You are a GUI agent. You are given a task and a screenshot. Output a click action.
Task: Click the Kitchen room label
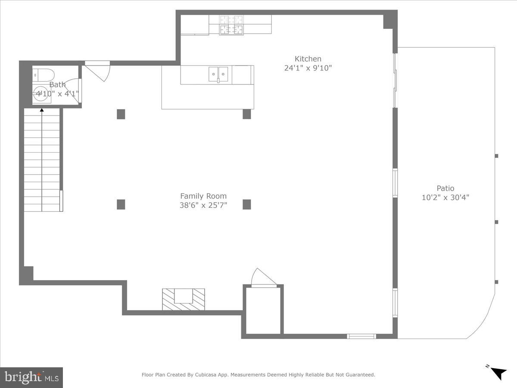(308, 59)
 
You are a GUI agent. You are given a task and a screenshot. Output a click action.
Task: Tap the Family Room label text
(203, 196)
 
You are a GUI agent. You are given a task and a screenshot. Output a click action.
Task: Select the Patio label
(445, 188)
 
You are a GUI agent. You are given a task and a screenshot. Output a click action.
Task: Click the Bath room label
(57, 85)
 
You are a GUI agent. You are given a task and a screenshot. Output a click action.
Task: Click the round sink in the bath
(41, 96)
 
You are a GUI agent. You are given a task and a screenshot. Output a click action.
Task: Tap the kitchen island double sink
(218, 74)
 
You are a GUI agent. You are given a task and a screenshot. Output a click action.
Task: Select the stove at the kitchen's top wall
(231, 25)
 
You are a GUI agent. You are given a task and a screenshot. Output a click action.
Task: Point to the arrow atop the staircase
(42, 110)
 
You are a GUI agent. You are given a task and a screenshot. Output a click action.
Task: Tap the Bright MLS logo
(31, 377)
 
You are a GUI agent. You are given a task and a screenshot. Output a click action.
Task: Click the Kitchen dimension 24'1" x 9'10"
(308, 68)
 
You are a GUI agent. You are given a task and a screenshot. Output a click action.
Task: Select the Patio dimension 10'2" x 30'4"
(446, 198)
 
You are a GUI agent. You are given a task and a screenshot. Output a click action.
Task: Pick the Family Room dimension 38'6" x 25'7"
(203, 205)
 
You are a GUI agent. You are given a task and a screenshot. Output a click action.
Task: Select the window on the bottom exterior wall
(361, 336)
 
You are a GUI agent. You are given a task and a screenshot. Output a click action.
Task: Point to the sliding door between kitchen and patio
(395, 81)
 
